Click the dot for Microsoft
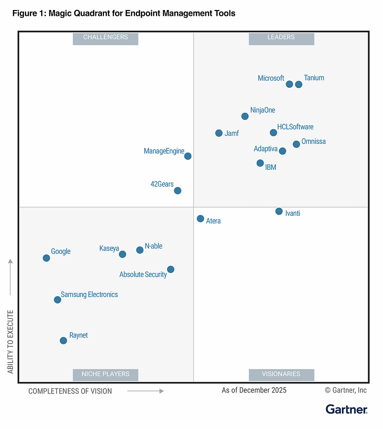click(x=289, y=84)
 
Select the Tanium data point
click(x=299, y=84)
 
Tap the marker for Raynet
click(x=63, y=341)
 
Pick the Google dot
click(x=46, y=258)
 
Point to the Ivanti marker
click(x=279, y=211)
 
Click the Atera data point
click(x=201, y=219)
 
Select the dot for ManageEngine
click(x=188, y=156)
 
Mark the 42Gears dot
click(x=178, y=191)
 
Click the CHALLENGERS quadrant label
click(x=105, y=37)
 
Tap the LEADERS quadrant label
click(x=281, y=37)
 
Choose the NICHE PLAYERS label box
click(x=105, y=374)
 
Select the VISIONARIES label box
click(x=281, y=374)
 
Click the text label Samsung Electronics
click(x=89, y=295)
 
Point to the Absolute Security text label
click(x=143, y=274)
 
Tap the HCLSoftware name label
click(x=295, y=127)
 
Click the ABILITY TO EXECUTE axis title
click(x=11, y=341)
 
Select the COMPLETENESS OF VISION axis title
click(x=70, y=391)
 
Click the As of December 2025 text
click(x=254, y=390)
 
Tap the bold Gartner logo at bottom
click(x=346, y=409)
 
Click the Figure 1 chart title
click(x=124, y=13)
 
